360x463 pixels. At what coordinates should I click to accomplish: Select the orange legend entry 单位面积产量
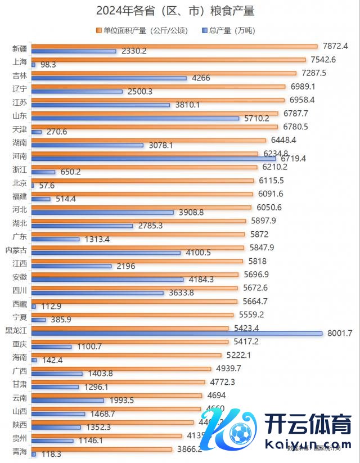[145, 30]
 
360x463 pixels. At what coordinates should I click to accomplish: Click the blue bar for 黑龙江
[177, 333]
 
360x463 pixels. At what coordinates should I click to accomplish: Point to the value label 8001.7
[339, 333]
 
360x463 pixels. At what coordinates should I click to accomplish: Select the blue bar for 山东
[135, 118]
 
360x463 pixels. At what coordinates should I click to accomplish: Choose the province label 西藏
[20, 303]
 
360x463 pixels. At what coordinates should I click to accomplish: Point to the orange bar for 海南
[126, 355]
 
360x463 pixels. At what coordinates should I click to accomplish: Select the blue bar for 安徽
[107, 279]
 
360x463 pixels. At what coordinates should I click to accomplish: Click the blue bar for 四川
[97, 293]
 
